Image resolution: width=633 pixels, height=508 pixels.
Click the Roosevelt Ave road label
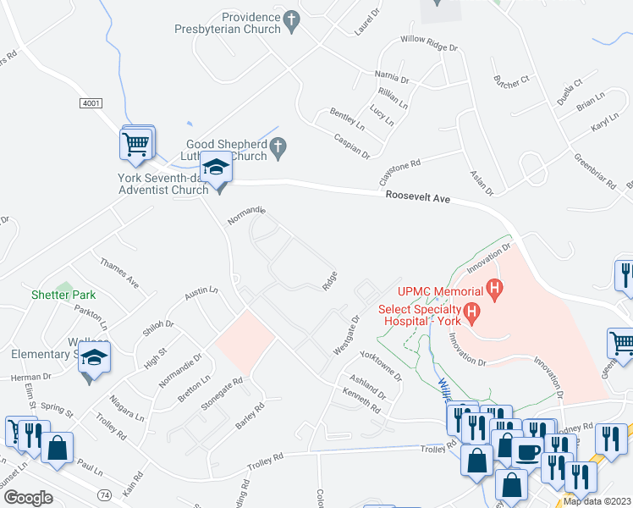pos(416,197)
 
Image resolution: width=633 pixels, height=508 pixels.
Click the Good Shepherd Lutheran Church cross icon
pos(279,150)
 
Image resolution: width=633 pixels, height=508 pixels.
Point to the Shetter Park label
pos(63,295)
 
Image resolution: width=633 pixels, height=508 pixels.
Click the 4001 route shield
pos(92,102)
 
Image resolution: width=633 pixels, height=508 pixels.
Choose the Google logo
pos(28,497)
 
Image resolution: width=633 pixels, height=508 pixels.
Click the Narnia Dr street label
pos(391,77)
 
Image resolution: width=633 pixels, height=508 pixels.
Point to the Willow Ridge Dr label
pos(429,43)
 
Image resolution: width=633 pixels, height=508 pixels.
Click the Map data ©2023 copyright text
pos(597,501)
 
